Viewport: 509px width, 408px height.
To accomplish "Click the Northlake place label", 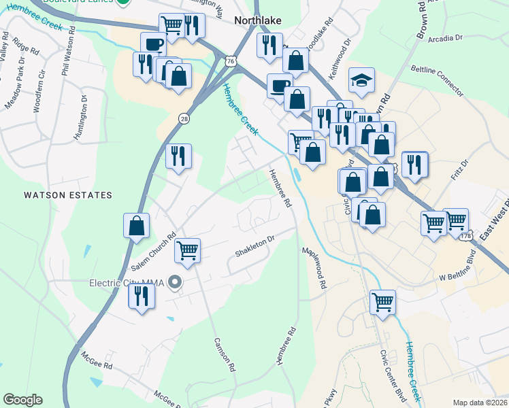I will point(258,20).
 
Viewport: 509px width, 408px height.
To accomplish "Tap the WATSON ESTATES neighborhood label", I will point(67,195).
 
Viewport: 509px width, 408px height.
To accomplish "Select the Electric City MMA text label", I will point(129,282).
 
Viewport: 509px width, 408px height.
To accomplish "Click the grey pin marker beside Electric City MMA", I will point(176,282).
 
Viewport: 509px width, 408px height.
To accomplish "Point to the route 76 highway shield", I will point(232,62).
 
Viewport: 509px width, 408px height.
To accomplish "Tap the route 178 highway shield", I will point(465,236).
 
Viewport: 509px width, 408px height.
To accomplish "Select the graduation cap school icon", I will point(361,80).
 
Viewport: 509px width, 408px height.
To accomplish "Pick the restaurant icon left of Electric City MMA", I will point(142,296).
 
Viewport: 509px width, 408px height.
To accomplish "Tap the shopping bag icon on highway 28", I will point(136,226).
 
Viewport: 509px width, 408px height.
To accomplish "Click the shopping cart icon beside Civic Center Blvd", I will point(383,301).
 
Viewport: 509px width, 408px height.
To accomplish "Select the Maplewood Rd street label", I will point(315,268).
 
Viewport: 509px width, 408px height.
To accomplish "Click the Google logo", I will point(22,400).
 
